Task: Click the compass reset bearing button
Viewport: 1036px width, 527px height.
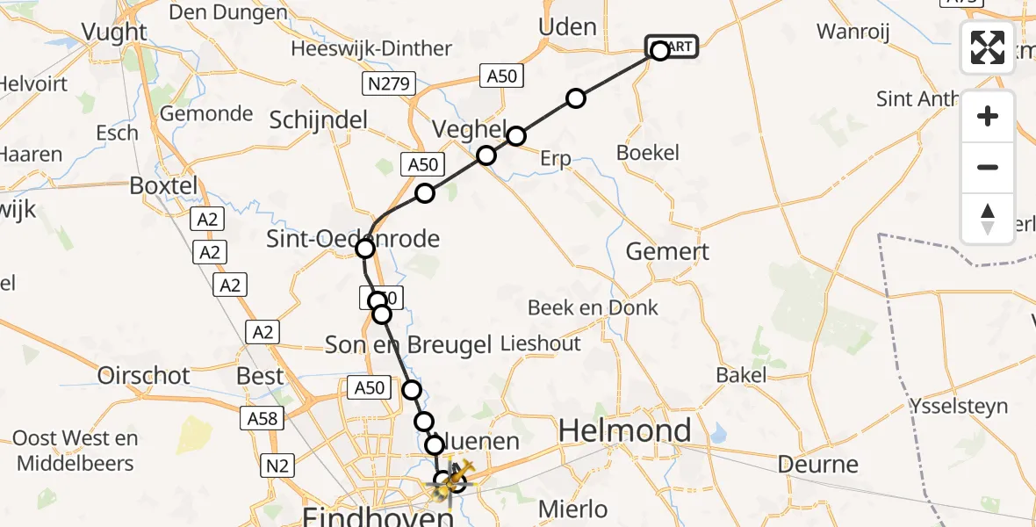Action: coord(988,219)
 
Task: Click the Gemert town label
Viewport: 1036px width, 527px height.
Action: coord(667,251)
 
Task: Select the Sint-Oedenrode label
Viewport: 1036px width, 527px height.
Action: coord(354,239)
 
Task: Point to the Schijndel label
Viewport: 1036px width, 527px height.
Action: coord(322,119)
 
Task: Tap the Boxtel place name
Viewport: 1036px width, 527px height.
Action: coord(165,186)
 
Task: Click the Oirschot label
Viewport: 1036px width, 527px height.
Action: coord(144,376)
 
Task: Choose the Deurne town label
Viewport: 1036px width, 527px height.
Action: coord(818,463)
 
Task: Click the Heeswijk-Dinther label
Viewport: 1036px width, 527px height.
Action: coord(385,49)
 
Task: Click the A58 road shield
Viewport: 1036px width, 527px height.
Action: coord(266,419)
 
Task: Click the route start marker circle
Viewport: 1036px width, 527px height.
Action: coord(659,50)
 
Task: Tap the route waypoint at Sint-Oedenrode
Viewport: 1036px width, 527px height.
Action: coord(365,249)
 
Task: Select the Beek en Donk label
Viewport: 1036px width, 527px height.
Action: coord(593,307)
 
